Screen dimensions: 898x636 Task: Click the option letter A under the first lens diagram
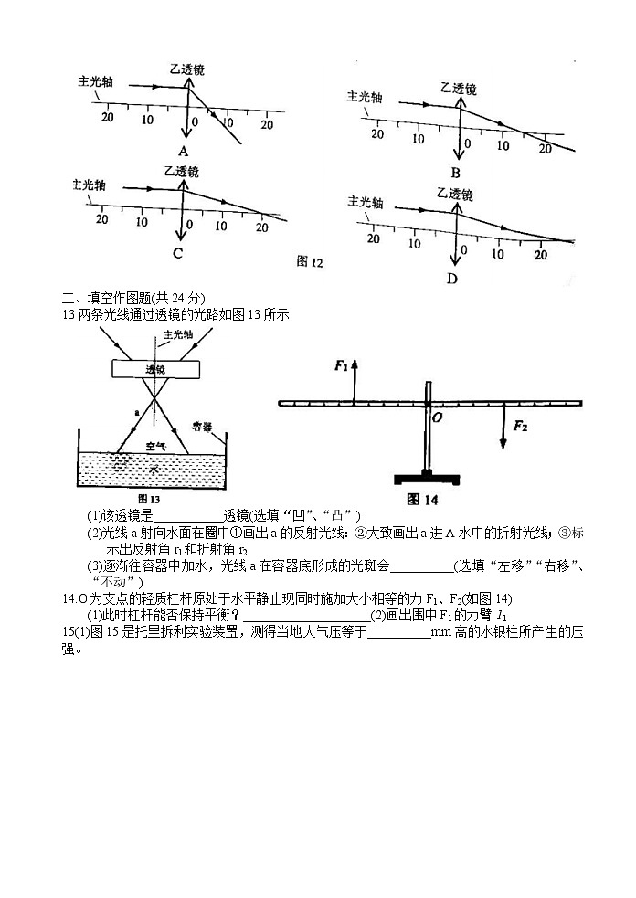pyautogui.click(x=184, y=152)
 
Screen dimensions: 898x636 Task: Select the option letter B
pyautogui.click(x=455, y=172)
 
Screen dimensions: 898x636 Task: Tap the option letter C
pyautogui.click(x=177, y=253)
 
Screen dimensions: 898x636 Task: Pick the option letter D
pyautogui.click(x=451, y=278)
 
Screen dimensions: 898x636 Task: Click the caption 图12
pyautogui.click(x=310, y=262)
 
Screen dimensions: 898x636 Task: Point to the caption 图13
pyautogui.click(x=148, y=499)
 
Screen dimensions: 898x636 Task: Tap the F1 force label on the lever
pyautogui.click(x=342, y=365)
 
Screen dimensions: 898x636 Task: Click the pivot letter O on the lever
pyautogui.click(x=437, y=417)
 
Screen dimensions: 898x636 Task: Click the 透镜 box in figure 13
pyautogui.click(x=155, y=369)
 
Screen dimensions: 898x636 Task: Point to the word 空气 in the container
pyautogui.click(x=156, y=447)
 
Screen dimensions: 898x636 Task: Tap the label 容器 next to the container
pyautogui.click(x=203, y=426)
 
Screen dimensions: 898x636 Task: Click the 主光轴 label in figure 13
pyautogui.click(x=176, y=335)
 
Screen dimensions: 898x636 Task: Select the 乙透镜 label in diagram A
pyautogui.click(x=186, y=69)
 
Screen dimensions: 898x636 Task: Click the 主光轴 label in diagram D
pyautogui.click(x=366, y=202)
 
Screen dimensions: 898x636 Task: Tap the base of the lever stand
pyautogui.click(x=426, y=478)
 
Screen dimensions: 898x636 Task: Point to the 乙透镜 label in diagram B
pyautogui.click(x=458, y=90)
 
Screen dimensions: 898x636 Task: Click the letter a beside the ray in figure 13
pyautogui.click(x=136, y=413)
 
